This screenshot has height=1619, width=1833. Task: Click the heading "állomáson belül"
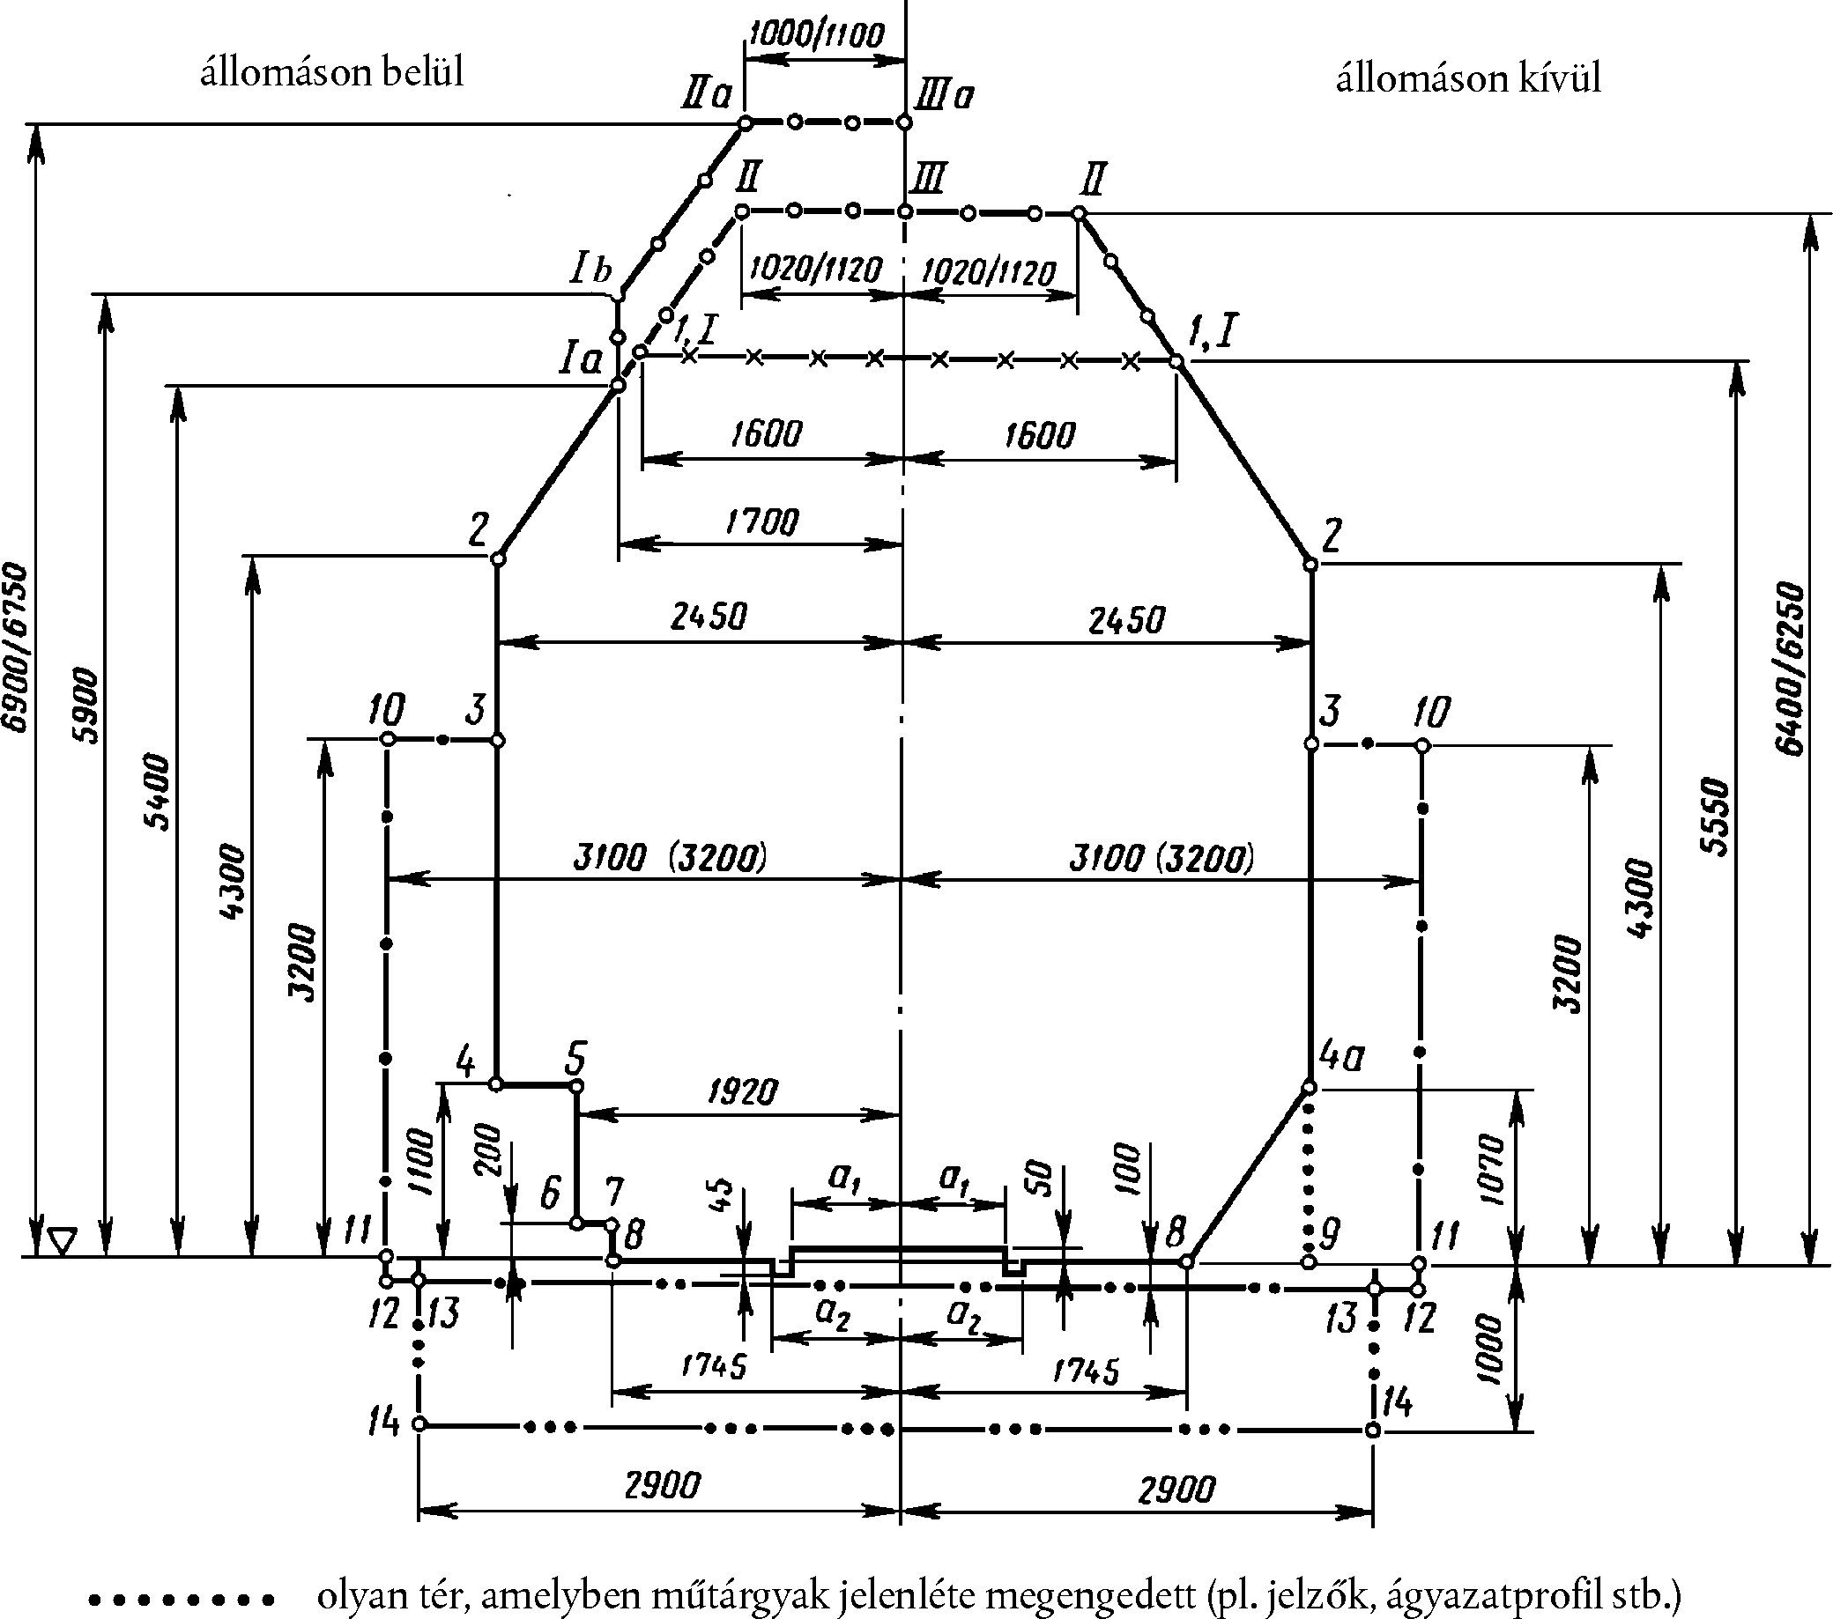click(332, 72)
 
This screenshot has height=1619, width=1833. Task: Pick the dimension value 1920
click(743, 1091)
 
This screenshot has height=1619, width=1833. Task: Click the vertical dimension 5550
click(1715, 816)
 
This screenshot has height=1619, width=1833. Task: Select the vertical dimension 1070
click(1489, 1169)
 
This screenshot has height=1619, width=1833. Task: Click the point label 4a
click(1341, 1058)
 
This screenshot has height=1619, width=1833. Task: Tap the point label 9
click(1330, 1234)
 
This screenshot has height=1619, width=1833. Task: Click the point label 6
click(551, 1194)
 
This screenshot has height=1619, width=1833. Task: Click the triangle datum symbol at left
click(62, 1241)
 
